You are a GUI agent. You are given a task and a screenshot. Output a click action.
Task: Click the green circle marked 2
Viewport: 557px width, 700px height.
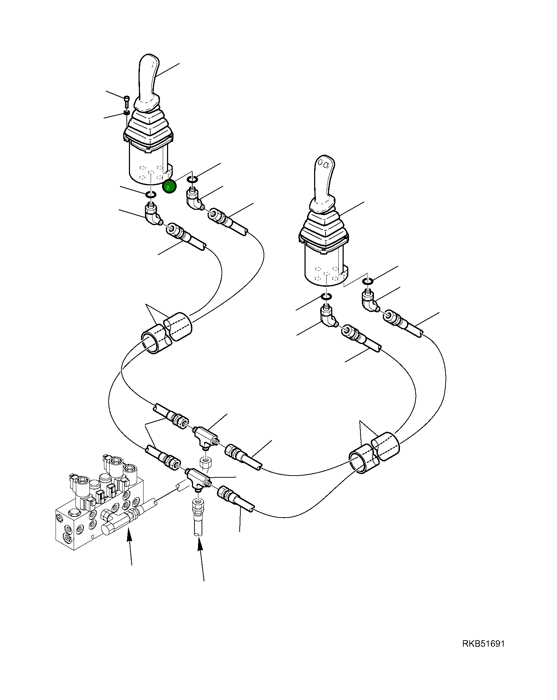(x=169, y=186)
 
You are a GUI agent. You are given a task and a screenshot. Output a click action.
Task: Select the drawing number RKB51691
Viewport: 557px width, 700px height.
(x=483, y=643)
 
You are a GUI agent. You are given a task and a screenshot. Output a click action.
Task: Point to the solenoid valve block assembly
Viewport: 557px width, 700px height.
(x=100, y=505)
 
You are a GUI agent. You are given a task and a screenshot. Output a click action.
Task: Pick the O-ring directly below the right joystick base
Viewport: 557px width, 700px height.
(x=327, y=296)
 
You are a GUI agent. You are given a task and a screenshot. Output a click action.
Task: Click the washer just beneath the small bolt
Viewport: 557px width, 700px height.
(x=126, y=112)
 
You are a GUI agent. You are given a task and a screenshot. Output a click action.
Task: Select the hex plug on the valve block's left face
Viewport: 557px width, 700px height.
(x=72, y=514)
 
